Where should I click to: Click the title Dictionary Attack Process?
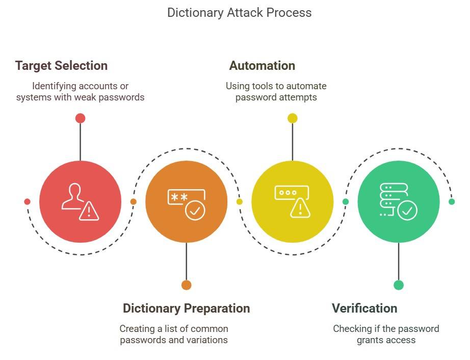pos(239,12)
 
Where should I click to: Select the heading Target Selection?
pos(61,66)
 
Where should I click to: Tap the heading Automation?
pos(262,66)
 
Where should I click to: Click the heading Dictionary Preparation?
pos(186,308)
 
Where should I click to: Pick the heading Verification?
pos(364,308)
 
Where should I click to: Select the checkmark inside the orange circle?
pos(195,210)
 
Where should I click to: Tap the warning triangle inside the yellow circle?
pos(300,208)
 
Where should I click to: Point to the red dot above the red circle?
pos(80,118)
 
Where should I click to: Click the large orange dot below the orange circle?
pos(186,285)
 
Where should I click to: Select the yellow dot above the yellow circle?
pos(292,118)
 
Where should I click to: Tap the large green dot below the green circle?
pos(399,285)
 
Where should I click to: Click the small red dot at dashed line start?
pos(27,202)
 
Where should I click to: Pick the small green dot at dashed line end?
pos(452,202)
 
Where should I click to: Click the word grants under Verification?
pos(369,340)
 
